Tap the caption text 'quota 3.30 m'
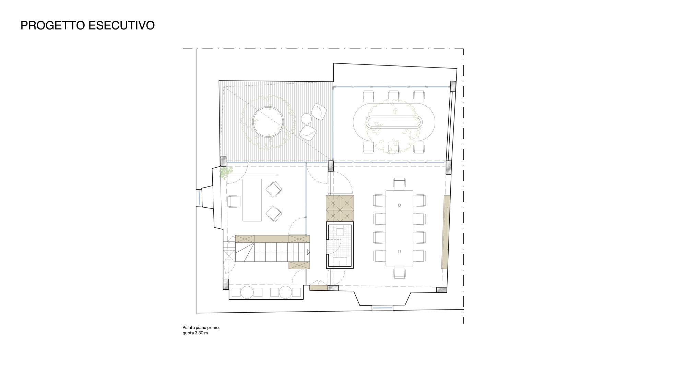click(195, 333)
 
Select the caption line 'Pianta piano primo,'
click(201, 327)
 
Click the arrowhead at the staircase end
click(308, 252)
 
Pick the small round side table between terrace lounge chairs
click(306, 118)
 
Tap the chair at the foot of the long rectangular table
click(400, 273)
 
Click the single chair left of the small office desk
click(234, 201)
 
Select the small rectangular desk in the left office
click(252, 200)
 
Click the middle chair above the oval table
click(394, 96)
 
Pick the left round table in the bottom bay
click(247, 292)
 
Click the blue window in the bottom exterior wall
click(382, 308)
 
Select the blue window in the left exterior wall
click(198, 198)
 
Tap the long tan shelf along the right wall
click(446, 232)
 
